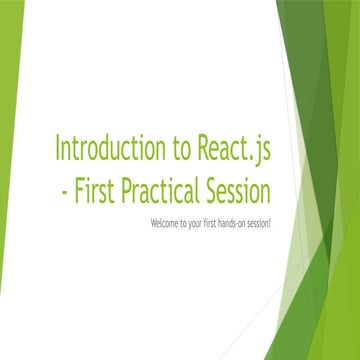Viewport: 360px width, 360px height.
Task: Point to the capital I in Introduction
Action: tap(57, 149)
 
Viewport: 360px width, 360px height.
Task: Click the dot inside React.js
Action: tap(252, 157)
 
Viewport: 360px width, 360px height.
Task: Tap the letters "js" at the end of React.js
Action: tap(262, 151)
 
